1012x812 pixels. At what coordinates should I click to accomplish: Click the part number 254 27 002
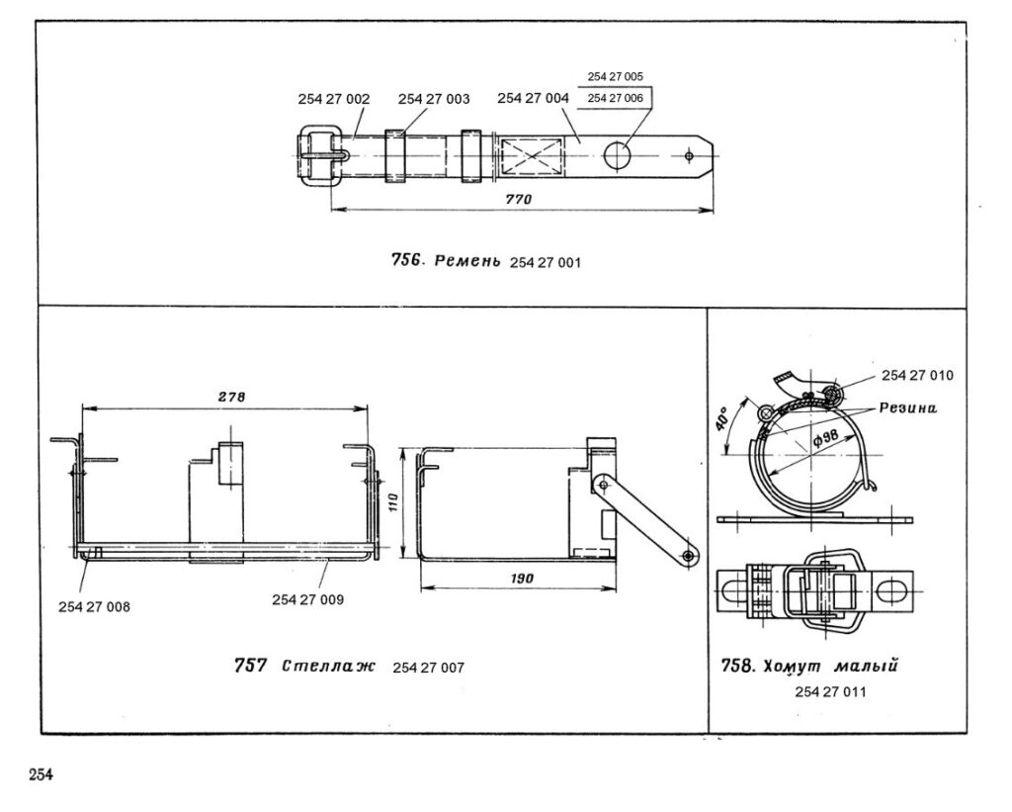coord(334,99)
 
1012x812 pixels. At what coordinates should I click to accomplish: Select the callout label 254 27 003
coord(434,99)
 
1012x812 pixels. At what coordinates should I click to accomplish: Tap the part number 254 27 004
coord(533,98)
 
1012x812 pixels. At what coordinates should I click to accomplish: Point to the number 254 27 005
coord(615,76)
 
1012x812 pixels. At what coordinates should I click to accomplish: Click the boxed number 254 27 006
coord(615,98)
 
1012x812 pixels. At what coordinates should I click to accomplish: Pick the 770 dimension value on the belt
coord(518,199)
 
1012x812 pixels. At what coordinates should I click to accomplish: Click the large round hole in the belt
coord(618,155)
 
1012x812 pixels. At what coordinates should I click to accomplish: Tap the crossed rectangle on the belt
coord(532,155)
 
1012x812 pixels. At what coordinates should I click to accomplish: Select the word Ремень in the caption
coord(467,262)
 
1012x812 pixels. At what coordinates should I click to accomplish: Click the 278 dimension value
coord(231,398)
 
